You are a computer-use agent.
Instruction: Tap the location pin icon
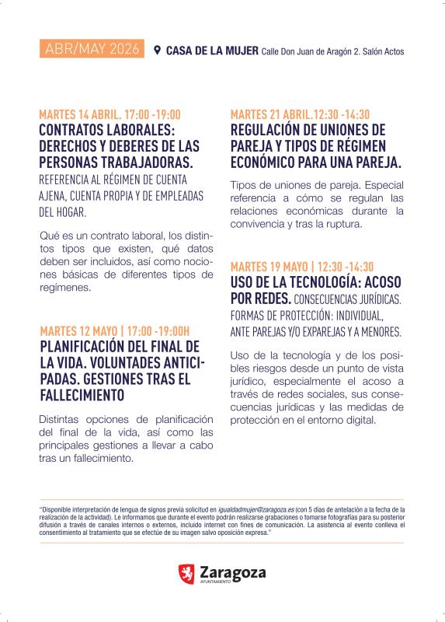coord(158,51)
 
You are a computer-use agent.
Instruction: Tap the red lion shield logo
coord(186,575)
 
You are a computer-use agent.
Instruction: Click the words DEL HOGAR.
coord(64,211)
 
